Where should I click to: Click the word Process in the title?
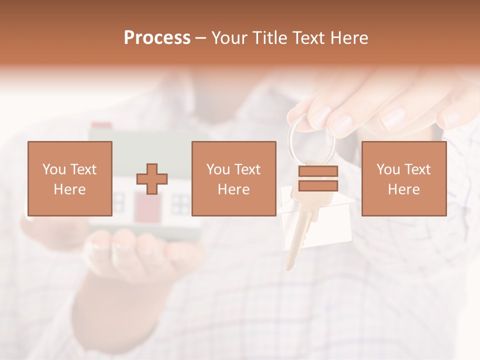pyautogui.click(x=157, y=38)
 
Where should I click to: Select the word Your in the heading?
pyautogui.click(x=230, y=38)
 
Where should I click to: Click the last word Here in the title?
pyautogui.click(x=349, y=38)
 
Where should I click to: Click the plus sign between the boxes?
pyautogui.click(x=152, y=179)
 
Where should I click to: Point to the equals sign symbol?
pyautogui.click(x=318, y=178)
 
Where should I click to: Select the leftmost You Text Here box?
pyautogui.click(x=70, y=178)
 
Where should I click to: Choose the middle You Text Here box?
pyautogui.click(x=233, y=178)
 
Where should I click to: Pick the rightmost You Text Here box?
pyautogui.click(x=403, y=178)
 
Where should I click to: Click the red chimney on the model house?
pyautogui.click(x=102, y=125)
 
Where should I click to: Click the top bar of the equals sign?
pyautogui.click(x=318, y=171)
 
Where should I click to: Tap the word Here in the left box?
pyautogui.click(x=69, y=189)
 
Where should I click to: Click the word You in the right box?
pyautogui.click(x=388, y=169)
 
